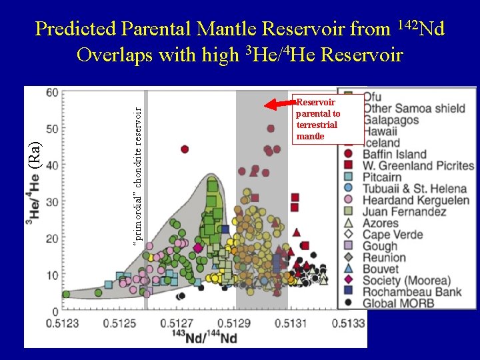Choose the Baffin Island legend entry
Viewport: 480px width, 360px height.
[x=394, y=155]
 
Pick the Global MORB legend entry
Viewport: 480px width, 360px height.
[x=397, y=304]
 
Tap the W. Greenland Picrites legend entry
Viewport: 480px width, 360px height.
[x=417, y=166]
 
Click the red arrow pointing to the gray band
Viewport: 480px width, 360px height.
[x=280, y=103]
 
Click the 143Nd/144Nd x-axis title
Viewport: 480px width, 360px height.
[x=205, y=337]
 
